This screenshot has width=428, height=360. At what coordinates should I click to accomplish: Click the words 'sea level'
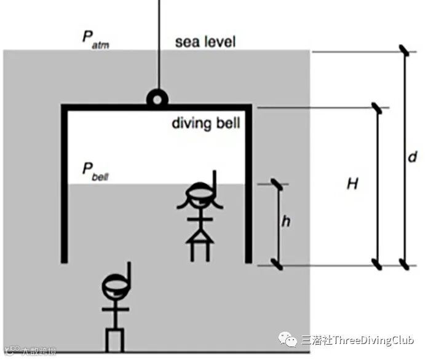(x=205, y=42)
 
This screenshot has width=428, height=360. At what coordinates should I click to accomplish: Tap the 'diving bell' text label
(x=205, y=123)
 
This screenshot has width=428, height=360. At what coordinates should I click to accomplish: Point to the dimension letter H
(x=352, y=184)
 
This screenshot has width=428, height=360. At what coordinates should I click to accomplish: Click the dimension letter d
(x=413, y=157)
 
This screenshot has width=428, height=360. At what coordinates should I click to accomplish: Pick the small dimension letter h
(x=285, y=222)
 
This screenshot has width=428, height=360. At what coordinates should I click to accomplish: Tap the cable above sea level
(x=159, y=25)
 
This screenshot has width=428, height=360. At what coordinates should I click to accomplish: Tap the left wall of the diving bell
(x=64, y=184)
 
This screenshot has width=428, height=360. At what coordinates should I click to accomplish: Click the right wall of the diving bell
(x=249, y=184)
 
